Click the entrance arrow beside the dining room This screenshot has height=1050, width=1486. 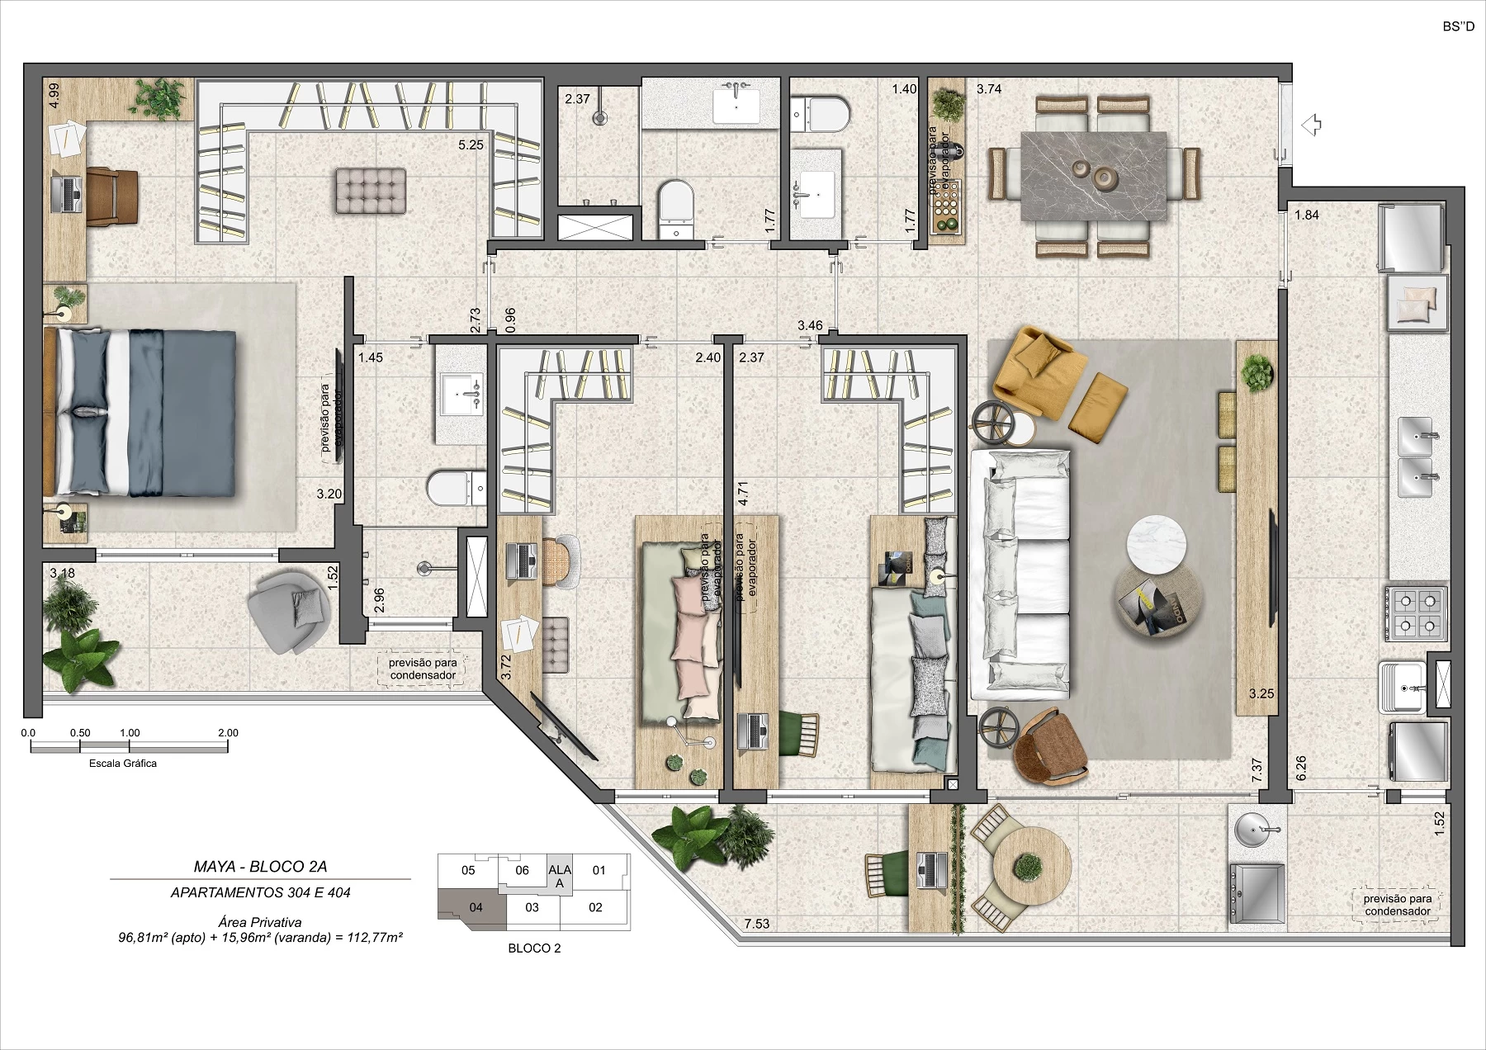pos(1311,125)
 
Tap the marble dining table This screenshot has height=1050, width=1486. pos(1093,177)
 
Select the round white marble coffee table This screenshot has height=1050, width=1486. pos(1157,545)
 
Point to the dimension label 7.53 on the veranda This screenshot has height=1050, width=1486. pos(756,924)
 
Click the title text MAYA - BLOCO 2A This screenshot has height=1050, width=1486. pos(261,866)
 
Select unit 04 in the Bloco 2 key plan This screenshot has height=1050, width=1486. pos(476,907)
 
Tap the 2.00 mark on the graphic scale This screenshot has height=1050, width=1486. pos(228,733)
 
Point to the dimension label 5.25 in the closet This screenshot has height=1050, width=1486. pos(471,144)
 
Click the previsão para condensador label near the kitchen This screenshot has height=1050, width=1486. pos(1397,905)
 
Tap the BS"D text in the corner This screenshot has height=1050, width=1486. pos(1458,27)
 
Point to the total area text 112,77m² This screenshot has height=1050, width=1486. pos(372,938)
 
